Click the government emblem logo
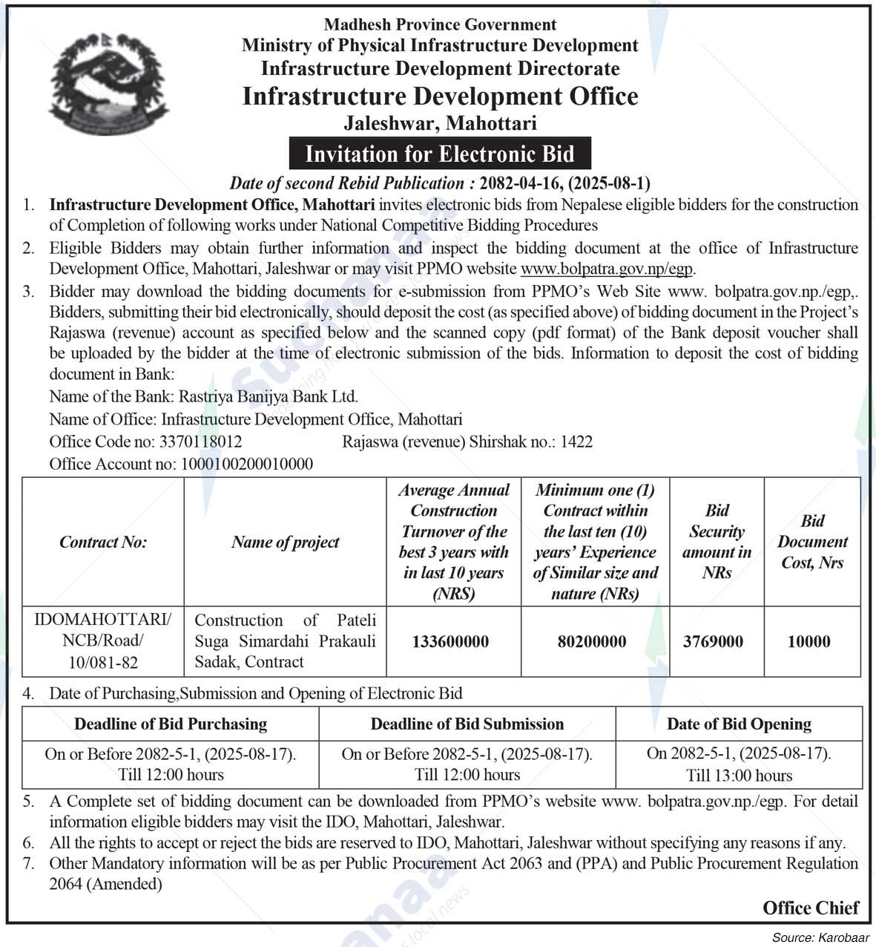tap(109, 84)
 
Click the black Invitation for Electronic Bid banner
tap(440, 154)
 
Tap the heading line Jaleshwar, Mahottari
tap(440, 123)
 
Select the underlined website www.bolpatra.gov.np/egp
tap(607, 269)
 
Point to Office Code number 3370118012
tap(200, 442)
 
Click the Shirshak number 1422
tap(576, 442)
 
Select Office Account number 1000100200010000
tap(246, 465)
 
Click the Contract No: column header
tap(103, 543)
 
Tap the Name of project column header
tap(285, 543)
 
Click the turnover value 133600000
tap(450, 642)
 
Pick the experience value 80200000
tap(592, 642)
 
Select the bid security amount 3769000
tap(713, 642)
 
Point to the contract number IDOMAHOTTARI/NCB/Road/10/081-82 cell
tap(103, 641)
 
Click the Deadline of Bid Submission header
tap(467, 724)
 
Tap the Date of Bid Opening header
tap(739, 724)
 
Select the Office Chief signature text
tap(810, 908)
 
